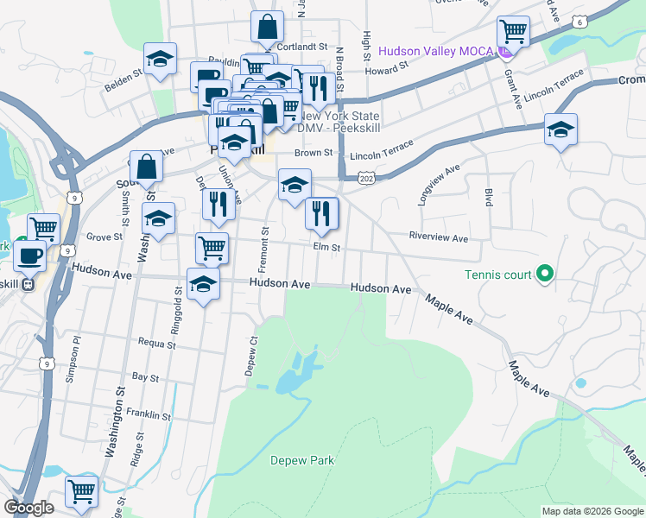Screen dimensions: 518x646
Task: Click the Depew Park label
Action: (x=301, y=460)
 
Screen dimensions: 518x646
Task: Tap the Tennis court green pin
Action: (x=544, y=275)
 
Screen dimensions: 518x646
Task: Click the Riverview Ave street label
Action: (x=438, y=237)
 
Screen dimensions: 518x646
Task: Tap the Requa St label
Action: (x=156, y=343)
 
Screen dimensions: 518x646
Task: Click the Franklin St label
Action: (x=149, y=415)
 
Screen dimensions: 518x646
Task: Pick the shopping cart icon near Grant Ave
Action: (x=515, y=32)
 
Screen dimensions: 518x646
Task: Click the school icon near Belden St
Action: (x=160, y=60)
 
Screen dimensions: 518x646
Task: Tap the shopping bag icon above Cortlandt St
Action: (x=267, y=27)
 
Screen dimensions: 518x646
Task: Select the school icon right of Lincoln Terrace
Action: (x=561, y=129)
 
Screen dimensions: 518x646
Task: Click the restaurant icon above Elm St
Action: (x=322, y=213)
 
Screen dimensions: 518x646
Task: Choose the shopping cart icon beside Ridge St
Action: (x=81, y=491)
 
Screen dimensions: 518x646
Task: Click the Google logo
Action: (x=29, y=509)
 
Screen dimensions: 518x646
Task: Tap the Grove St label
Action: (x=104, y=236)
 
